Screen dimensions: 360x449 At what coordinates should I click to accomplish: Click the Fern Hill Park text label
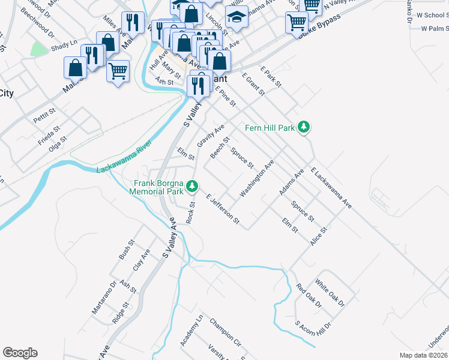coord(270,127)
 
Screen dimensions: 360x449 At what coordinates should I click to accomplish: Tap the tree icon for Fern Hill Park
coord(304,127)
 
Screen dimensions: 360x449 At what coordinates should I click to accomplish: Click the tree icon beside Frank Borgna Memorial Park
coord(192,187)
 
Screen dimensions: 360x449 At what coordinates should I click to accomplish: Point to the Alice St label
coord(318,237)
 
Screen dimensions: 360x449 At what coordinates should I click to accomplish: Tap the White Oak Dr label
coord(330,293)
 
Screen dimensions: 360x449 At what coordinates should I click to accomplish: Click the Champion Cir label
coord(225,332)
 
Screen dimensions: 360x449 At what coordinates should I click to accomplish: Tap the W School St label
coord(433,15)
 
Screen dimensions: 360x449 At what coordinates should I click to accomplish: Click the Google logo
coord(20,353)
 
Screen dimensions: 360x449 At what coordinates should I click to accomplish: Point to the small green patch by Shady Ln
coord(40,49)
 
